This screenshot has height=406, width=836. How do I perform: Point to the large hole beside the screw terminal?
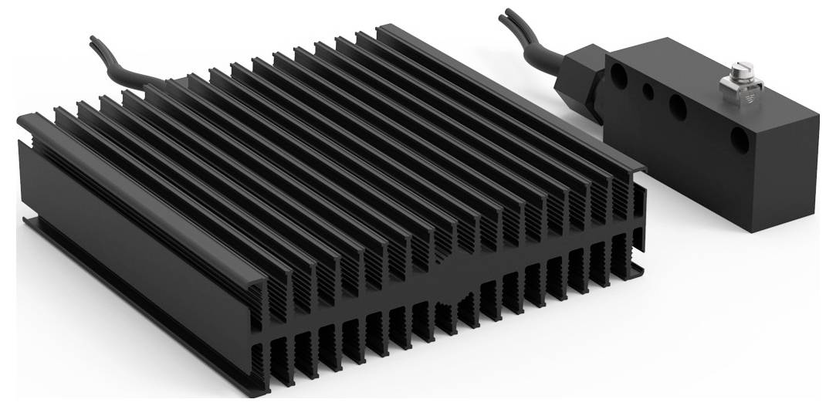[x=678, y=107]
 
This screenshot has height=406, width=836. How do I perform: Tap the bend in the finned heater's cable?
[x=124, y=69]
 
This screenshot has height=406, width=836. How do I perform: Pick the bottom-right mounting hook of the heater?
[x=638, y=270]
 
